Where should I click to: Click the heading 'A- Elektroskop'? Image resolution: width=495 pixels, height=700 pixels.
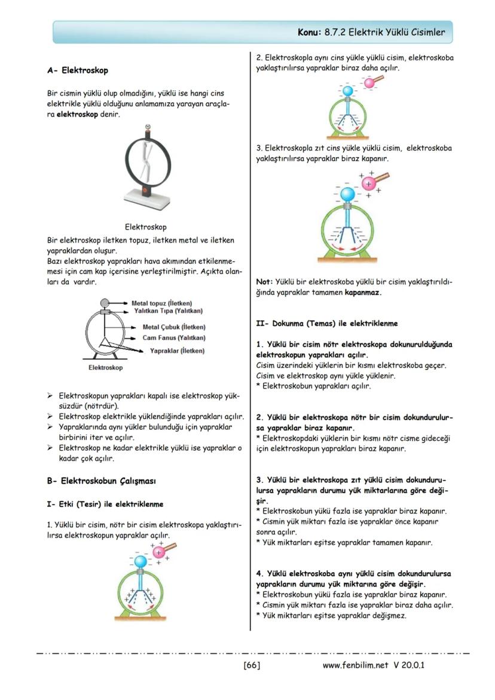click(x=78, y=71)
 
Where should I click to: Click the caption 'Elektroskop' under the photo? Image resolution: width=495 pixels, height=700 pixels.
click(x=146, y=227)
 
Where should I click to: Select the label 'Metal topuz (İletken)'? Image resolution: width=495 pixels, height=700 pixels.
click(x=162, y=303)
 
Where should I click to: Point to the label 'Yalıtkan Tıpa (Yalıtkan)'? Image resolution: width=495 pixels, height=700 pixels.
click(x=169, y=311)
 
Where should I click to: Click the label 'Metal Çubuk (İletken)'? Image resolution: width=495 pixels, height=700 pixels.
click(x=174, y=327)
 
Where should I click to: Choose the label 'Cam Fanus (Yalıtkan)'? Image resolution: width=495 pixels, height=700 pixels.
click(x=174, y=338)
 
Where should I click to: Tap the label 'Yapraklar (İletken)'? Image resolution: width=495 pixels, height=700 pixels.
click(x=178, y=350)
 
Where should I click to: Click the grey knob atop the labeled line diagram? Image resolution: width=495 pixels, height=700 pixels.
click(x=105, y=302)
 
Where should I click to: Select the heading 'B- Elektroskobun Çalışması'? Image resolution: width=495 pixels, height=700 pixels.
click(x=102, y=480)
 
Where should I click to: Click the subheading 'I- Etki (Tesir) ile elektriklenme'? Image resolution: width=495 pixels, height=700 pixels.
click(x=105, y=504)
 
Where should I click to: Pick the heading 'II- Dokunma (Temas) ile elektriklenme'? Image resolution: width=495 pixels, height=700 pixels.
click(x=326, y=323)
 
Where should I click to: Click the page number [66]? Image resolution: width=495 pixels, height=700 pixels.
click(x=252, y=665)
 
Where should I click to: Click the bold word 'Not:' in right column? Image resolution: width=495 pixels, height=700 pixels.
click(x=264, y=282)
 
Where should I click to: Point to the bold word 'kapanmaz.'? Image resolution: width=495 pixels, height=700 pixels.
click(x=363, y=292)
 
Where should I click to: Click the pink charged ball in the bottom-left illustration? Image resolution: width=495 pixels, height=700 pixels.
click(x=158, y=552)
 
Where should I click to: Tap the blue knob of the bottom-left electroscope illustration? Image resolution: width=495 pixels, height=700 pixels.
click(x=140, y=562)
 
